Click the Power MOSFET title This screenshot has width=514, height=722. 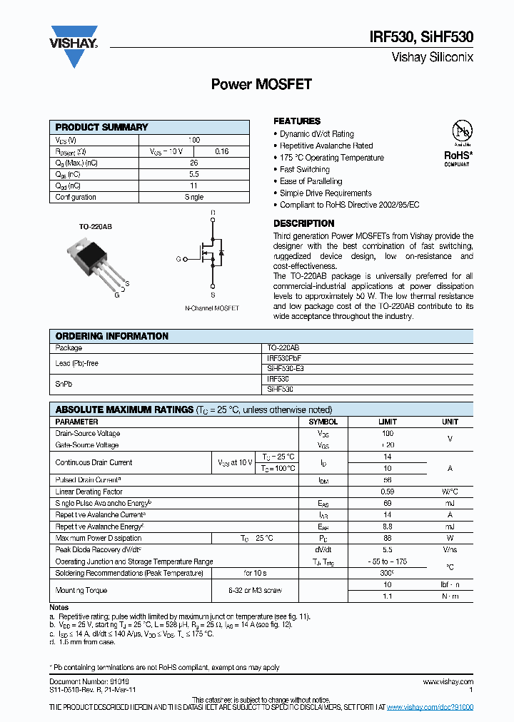pos(261,84)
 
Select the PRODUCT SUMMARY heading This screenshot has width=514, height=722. pos(101,127)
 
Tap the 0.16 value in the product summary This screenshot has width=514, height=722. pos(222,151)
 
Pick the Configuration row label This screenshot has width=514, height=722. pos(76,197)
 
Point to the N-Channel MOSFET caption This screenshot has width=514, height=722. pos(212,308)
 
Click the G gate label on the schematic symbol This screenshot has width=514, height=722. pos(178,259)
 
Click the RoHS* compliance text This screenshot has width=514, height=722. pos(458,154)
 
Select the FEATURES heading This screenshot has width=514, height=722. pos(297,121)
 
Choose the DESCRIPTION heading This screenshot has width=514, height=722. pos(303,223)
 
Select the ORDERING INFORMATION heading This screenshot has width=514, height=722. pos(112,336)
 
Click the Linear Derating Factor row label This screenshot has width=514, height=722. pos(89,492)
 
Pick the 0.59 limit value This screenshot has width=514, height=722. pos(387,492)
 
